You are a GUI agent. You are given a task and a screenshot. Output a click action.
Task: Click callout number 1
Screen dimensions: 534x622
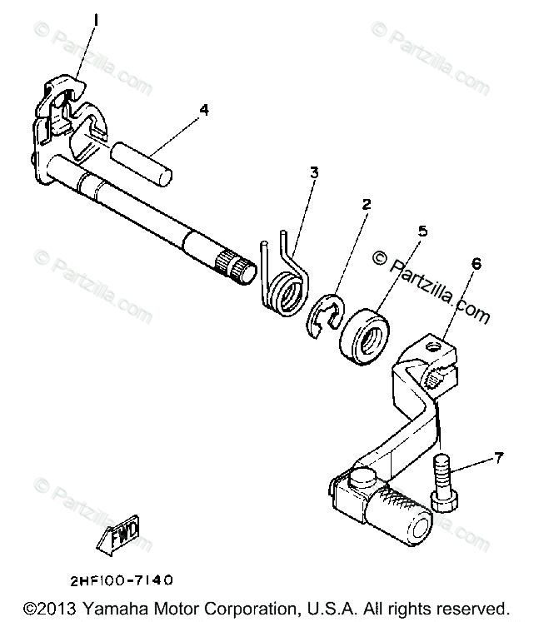(97, 18)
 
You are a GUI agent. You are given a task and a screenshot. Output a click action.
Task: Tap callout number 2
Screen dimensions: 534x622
(364, 202)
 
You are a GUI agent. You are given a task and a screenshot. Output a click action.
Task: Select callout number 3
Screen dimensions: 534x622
(313, 173)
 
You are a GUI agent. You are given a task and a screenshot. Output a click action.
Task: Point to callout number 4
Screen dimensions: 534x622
(203, 108)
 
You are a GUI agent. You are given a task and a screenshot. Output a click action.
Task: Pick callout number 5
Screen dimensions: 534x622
(422, 231)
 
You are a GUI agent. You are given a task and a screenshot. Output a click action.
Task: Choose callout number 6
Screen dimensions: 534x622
(476, 263)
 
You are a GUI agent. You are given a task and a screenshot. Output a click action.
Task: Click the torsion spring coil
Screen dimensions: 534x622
(286, 296)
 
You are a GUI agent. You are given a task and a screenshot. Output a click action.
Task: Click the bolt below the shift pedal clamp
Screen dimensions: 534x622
(442, 483)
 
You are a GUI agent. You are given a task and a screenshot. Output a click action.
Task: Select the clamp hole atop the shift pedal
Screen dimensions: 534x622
(433, 341)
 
